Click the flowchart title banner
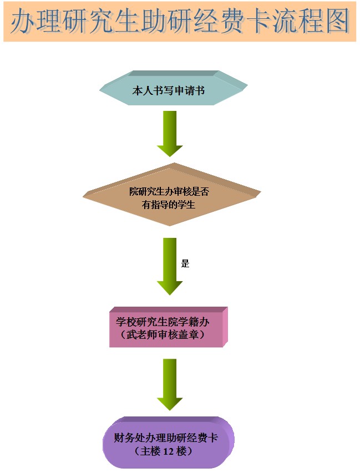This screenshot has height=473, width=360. click(180, 22)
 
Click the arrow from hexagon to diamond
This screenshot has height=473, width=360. click(170, 134)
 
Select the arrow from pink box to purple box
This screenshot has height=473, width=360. click(170, 384)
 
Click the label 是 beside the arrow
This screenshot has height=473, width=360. click(185, 263)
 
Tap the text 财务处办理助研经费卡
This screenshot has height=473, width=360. click(165, 438)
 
